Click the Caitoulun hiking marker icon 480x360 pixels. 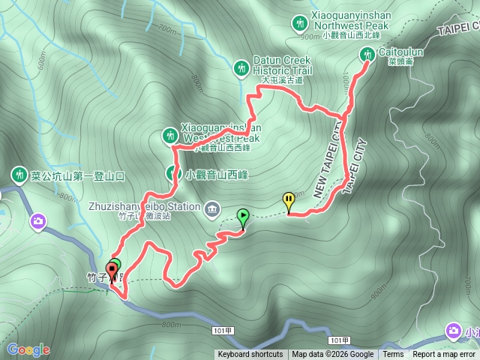tap(367, 53)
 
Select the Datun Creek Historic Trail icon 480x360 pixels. tap(241, 67)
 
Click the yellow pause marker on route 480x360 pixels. tap(289, 200)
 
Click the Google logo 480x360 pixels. tap(28, 349)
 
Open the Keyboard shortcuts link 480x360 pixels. tap(250, 355)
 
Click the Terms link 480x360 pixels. tap(392, 355)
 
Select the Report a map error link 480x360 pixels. tap(444, 355)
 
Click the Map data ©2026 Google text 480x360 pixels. tap(332, 355)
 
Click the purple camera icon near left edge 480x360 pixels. tap(38, 220)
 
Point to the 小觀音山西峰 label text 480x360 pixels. tap(217, 175)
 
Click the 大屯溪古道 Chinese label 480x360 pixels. tap(282, 79)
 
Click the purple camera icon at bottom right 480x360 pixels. tap(453, 330)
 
